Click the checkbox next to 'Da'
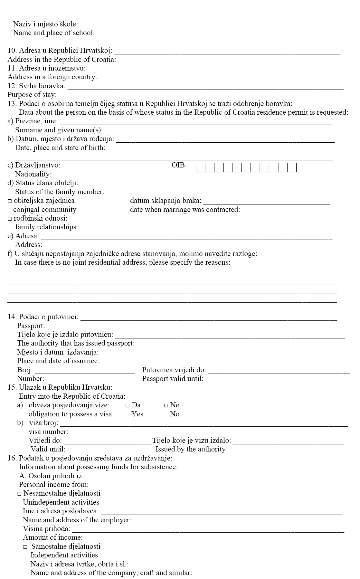tap(128, 405)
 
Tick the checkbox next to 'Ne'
tap(166, 405)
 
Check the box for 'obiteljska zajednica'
tap(10, 201)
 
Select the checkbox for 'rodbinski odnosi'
tap(10, 219)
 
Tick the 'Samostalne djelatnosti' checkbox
tap(25, 547)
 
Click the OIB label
tap(178, 165)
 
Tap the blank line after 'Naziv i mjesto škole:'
tap(216, 26)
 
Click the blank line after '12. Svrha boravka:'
tap(205, 87)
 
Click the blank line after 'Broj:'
tap(84, 372)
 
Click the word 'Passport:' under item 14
tap(31, 326)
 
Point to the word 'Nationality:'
tap(33, 174)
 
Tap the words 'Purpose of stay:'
tap(32, 95)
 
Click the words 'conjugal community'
tap(45, 210)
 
